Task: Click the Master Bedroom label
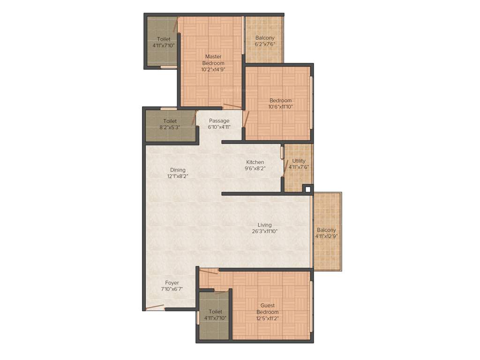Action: coord(213,60)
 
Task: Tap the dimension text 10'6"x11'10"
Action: coord(280,107)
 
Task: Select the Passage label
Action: coord(219,120)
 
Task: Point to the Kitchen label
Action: coord(255,162)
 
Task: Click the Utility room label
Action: coord(299,161)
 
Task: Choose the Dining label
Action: coord(178,170)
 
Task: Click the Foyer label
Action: coord(172,283)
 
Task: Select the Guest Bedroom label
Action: coord(268,309)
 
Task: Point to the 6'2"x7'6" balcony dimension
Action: coord(265,45)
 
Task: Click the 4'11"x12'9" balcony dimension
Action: coord(326,236)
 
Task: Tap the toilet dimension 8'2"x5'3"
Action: coord(170,127)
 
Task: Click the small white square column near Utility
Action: coord(307,189)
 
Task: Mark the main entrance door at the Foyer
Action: coord(155,307)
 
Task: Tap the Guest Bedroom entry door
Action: coord(209,270)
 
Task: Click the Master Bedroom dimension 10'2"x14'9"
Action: coord(213,69)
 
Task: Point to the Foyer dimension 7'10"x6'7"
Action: coord(172,289)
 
